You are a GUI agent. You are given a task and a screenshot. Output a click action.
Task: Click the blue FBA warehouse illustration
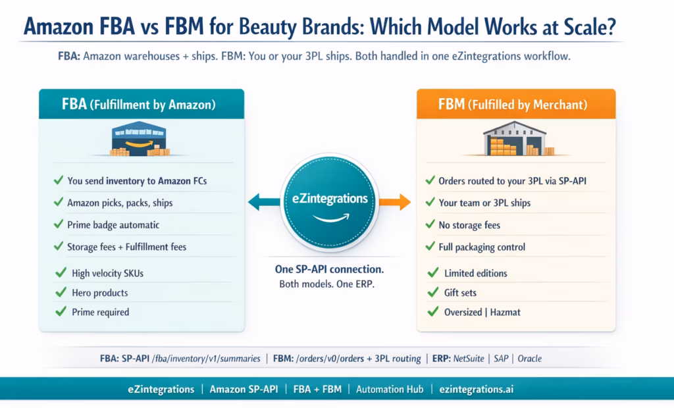(x=139, y=139)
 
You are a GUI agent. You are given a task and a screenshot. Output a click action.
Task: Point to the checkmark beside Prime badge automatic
(x=57, y=225)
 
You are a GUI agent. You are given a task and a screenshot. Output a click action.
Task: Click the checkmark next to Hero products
(x=61, y=293)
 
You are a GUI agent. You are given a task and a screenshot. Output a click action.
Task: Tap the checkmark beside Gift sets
(x=432, y=293)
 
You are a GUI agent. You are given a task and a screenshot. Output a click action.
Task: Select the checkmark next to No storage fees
(x=428, y=225)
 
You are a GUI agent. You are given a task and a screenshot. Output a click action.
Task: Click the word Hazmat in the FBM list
(x=505, y=312)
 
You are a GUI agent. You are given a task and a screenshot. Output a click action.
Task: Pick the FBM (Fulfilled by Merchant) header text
(x=513, y=104)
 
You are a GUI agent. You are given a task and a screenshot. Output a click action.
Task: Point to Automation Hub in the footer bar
(x=389, y=389)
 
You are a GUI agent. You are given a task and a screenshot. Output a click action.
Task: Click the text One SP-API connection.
(x=329, y=270)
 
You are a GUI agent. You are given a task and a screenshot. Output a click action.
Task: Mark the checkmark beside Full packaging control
(x=428, y=247)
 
